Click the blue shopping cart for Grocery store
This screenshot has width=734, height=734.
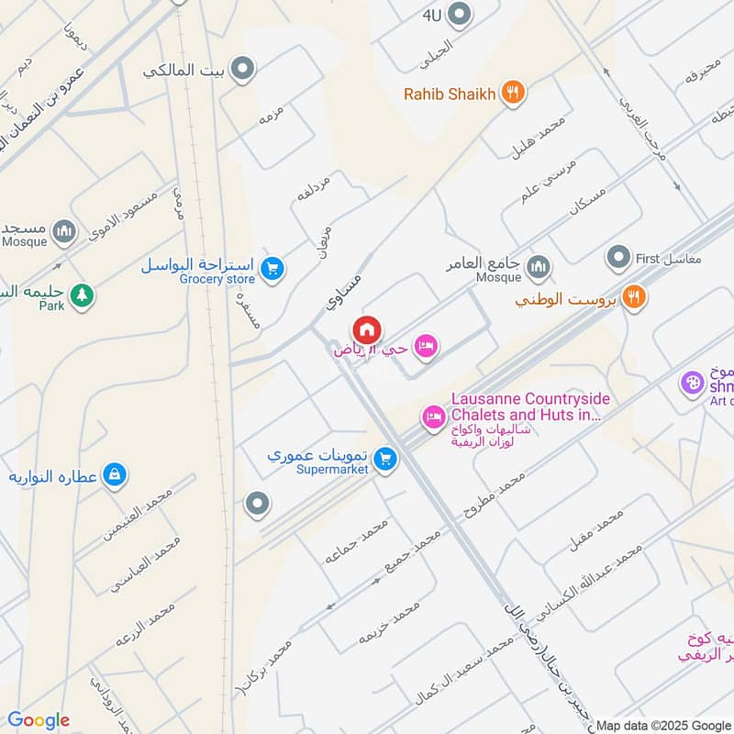coord(272,269)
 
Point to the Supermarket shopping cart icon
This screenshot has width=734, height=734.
coord(386,458)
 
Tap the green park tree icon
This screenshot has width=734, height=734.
coord(83,295)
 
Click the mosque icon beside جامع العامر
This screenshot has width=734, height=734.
coord(539,267)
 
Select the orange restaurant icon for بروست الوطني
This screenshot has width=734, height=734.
coord(632,296)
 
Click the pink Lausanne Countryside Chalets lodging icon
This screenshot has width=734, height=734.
coord(432,417)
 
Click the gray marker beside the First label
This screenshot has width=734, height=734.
coord(619,258)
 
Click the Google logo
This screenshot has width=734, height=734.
coord(39,720)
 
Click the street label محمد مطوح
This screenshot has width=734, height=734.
coord(495,495)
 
